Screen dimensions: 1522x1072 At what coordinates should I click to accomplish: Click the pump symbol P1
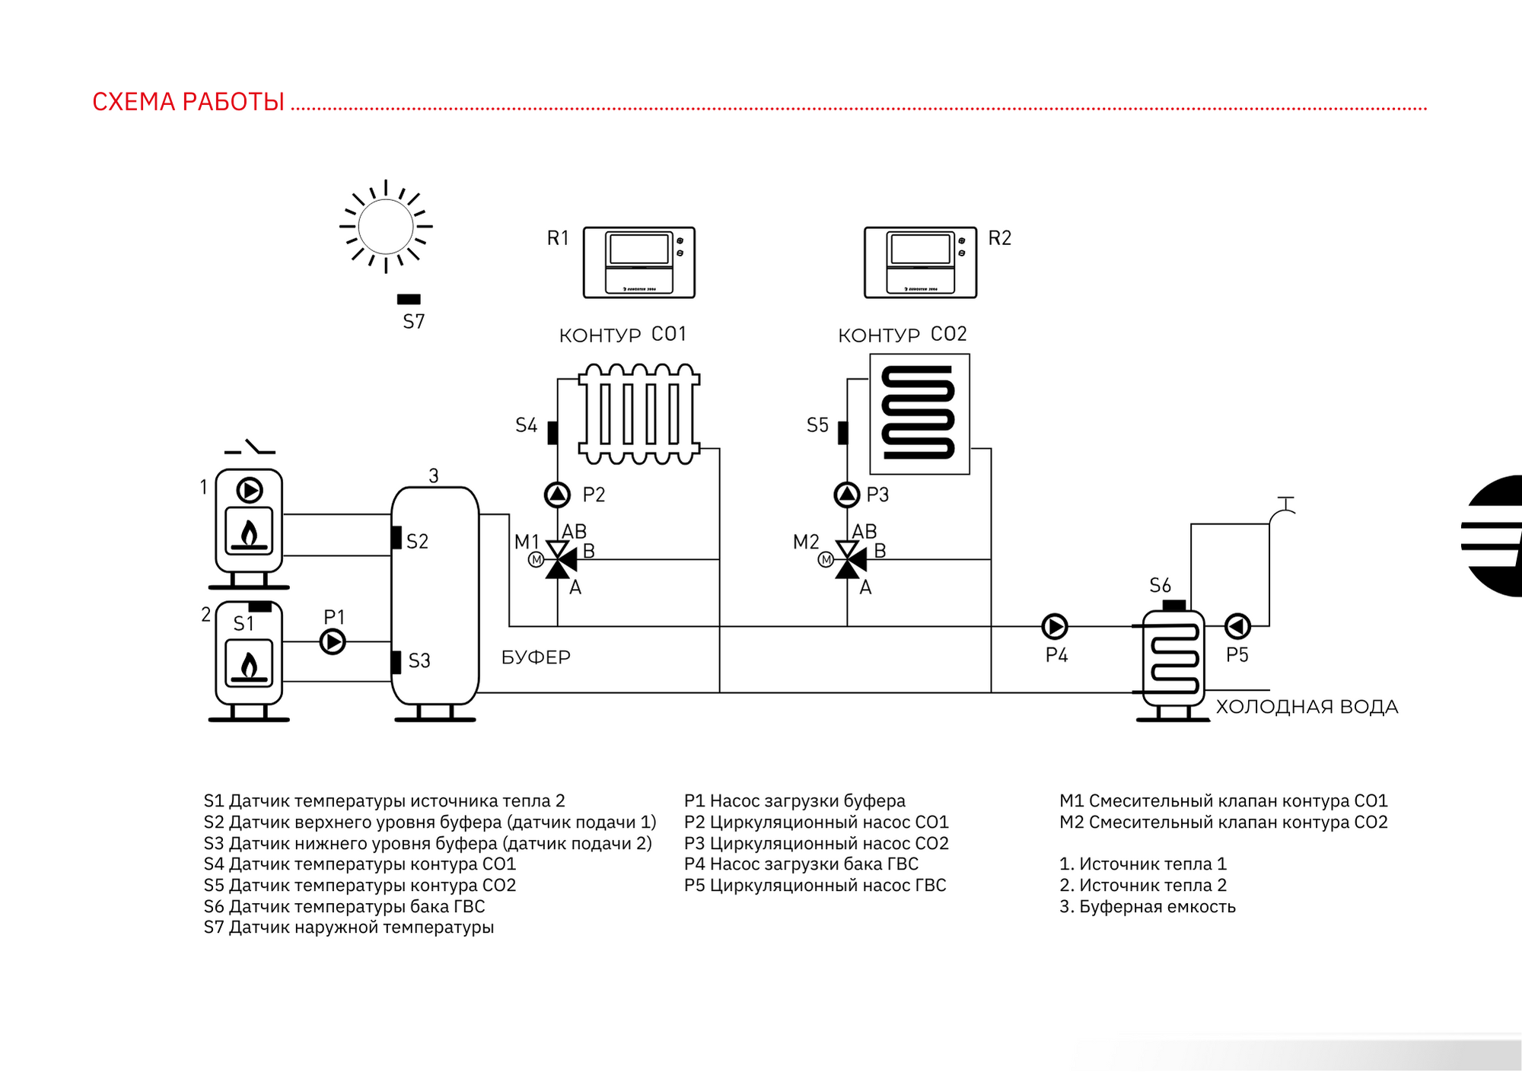tap(333, 641)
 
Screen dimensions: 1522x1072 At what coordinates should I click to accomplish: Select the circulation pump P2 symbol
tap(558, 495)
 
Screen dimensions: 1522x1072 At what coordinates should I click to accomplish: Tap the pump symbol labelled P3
tap(847, 495)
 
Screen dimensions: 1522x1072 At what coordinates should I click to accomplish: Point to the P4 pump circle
tap(1055, 626)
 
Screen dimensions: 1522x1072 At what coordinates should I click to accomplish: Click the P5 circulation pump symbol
tap(1237, 626)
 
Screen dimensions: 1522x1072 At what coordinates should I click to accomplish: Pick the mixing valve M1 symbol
tap(559, 559)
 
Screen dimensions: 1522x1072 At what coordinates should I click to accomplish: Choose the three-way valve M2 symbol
tap(849, 559)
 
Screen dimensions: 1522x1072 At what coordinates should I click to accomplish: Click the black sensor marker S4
tap(552, 433)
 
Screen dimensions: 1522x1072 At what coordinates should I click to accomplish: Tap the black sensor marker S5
tap(842, 433)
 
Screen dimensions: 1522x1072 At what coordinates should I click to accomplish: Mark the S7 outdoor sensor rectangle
tap(409, 300)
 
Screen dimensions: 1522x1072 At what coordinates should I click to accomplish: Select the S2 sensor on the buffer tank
tap(396, 537)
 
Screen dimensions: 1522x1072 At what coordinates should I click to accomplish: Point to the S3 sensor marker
tap(396, 663)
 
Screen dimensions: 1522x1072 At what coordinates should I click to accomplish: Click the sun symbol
tap(386, 226)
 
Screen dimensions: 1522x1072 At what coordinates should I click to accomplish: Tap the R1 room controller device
tap(639, 262)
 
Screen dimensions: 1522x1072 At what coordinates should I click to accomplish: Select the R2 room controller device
tap(921, 262)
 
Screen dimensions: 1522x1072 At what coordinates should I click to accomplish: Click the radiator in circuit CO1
tap(639, 414)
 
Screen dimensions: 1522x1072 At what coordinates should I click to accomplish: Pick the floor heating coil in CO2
tap(919, 414)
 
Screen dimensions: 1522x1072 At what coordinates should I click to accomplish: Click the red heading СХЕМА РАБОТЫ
tap(189, 101)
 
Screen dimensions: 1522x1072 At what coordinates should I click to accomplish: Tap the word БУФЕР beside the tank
tap(536, 657)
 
